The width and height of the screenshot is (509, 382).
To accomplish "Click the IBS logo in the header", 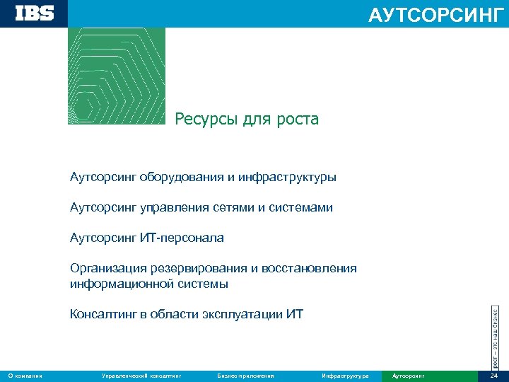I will [x=34, y=13].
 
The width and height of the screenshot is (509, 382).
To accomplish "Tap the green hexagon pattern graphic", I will [x=116, y=76].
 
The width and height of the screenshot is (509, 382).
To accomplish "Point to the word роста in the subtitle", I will [x=299, y=120].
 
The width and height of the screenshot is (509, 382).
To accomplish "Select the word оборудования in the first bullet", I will [x=182, y=177].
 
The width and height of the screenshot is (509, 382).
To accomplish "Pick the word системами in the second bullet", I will [x=303, y=208].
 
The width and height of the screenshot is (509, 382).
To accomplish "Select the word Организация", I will [x=107, y=268].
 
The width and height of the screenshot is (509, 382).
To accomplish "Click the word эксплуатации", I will [x=243, y=314].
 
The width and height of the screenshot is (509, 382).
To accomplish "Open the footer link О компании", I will [x=25, y=376].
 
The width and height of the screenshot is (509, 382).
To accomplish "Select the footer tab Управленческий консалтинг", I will [x=141, y=376].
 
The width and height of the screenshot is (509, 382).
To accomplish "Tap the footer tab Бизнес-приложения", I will [x=246, y=376].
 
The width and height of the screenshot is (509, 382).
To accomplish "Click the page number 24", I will [x=493, y=376].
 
